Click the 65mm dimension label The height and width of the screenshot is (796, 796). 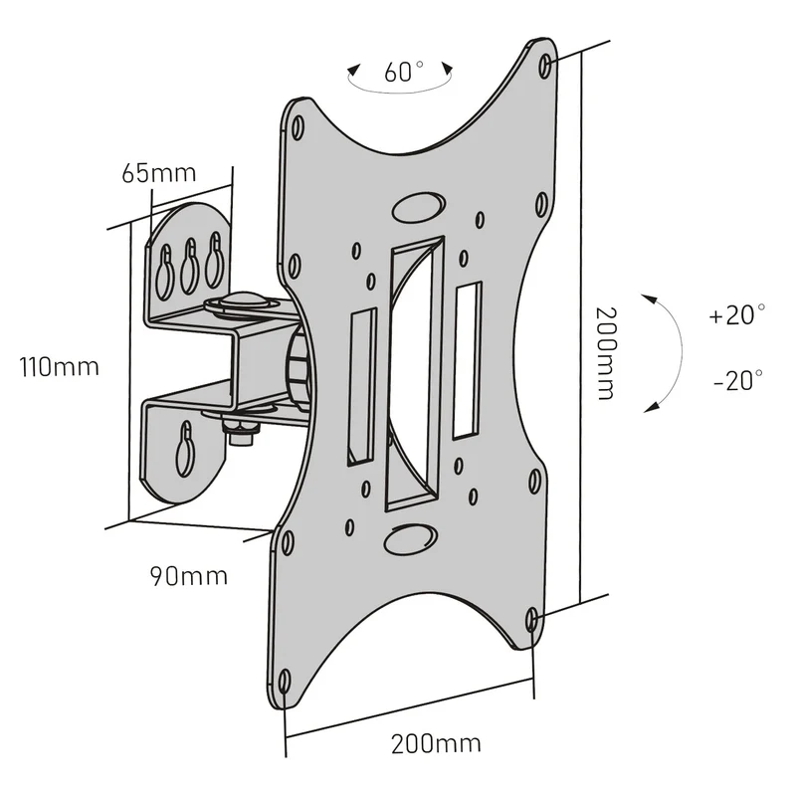[159, 173]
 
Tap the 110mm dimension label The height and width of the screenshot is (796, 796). [59, 366]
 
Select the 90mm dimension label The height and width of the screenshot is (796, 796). [189, 576]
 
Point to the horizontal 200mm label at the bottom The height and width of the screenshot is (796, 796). [436, 744]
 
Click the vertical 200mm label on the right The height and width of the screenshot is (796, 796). [606, 353]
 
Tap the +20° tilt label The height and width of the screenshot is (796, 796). [737, 314]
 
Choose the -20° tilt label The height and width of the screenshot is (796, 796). [738, 380]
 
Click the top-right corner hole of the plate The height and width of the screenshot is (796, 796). [545, 66]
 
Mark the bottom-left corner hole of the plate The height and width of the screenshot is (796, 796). [285, 682]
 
